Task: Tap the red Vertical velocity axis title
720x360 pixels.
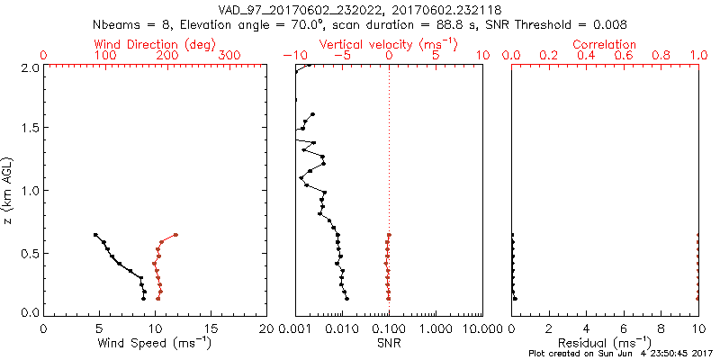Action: (x=388, y=44)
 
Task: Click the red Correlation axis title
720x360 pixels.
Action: (x=605, y=44)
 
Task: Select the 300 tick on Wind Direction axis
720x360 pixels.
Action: (x=230, y=56)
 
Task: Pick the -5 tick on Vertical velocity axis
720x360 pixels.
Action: (x=342, y=56)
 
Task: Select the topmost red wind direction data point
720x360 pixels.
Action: (x=175, y=235)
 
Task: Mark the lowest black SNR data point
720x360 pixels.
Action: (x=347, y=298)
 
